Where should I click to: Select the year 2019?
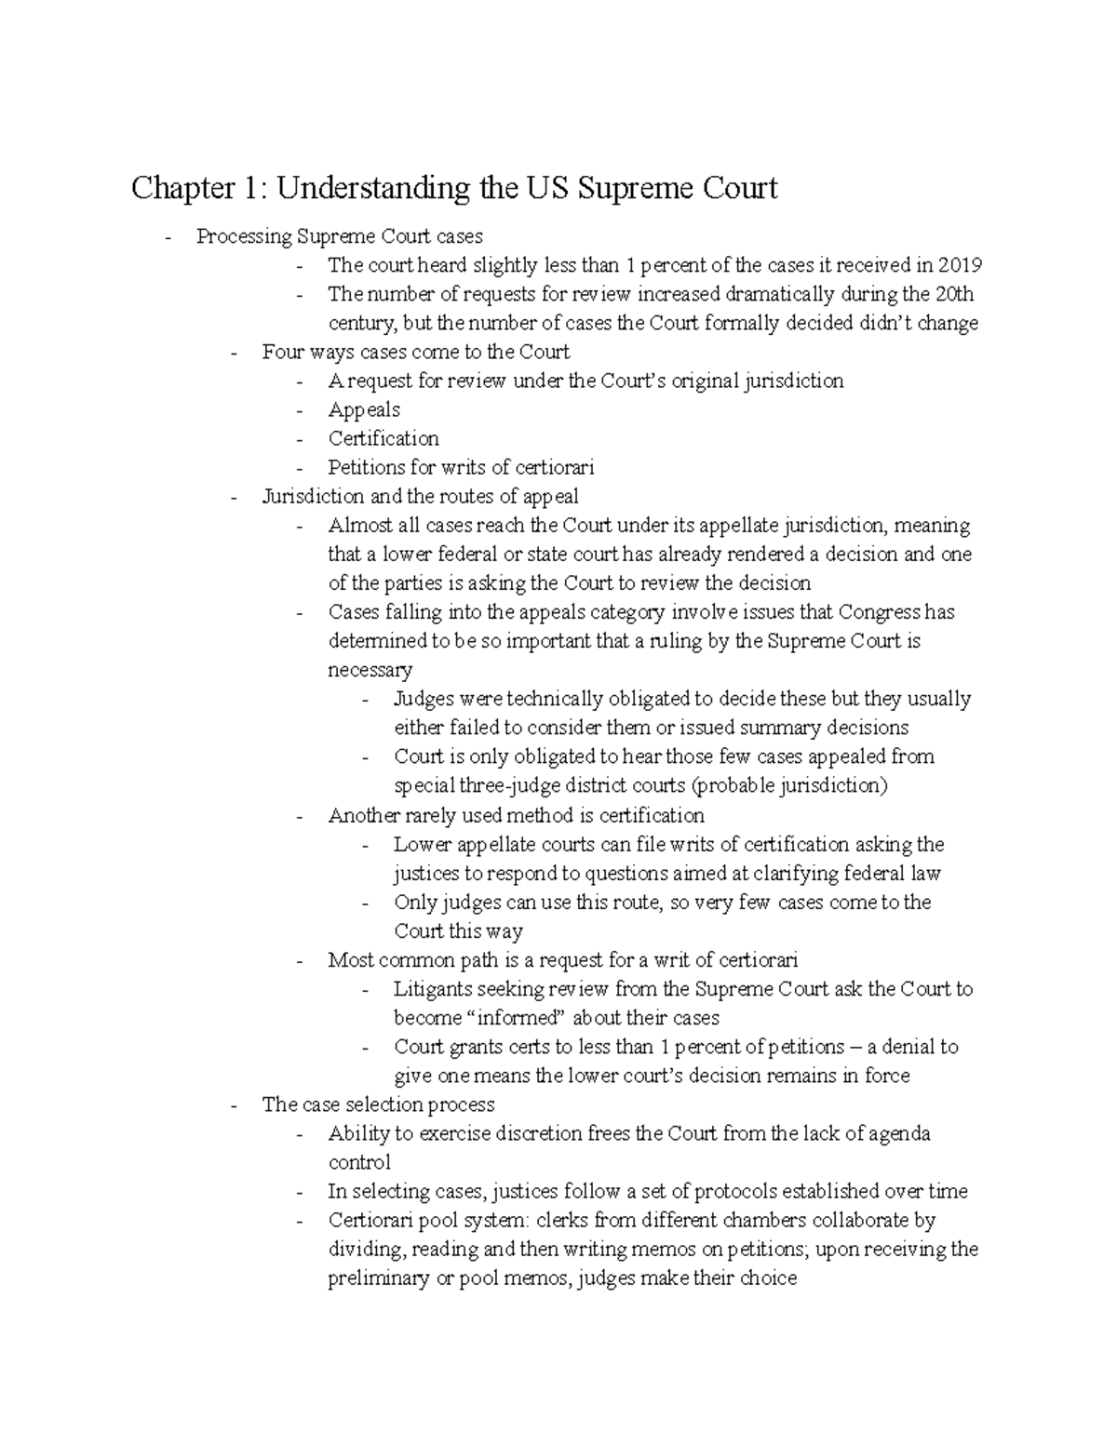coord(960,265)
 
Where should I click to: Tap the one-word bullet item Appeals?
coord(364,409)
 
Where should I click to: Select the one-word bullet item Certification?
coord(383,438)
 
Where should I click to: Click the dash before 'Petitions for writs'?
coord(299,467)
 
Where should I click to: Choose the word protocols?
coord(730,1191)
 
